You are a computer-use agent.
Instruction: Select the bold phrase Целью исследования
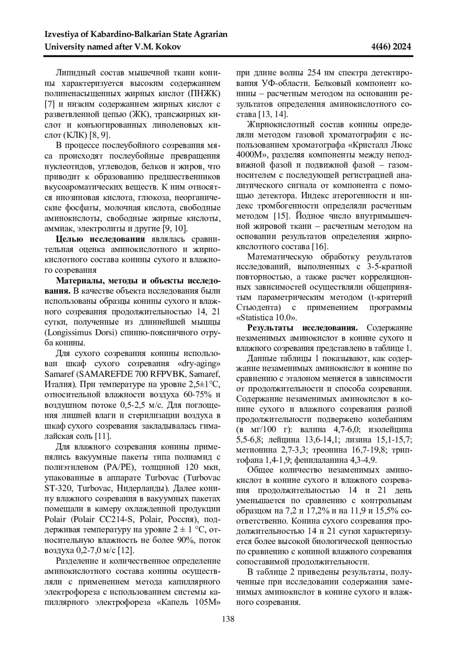(101, 239)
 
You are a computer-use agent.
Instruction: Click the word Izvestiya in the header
(62, 35)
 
